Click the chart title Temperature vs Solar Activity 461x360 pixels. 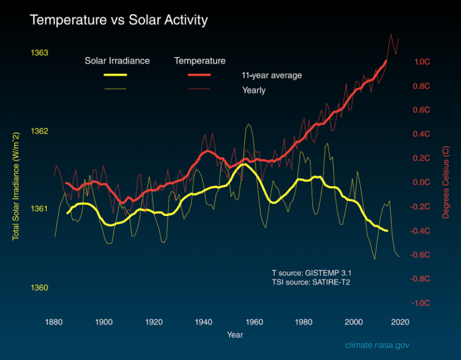click(x=118, y=20)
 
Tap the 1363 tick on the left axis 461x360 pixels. click(x=39, y=53)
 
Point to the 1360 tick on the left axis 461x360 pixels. click(x=39, y=287)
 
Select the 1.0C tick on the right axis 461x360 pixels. click(x=422, y=62)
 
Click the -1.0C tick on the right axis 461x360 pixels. click(x=421, y=303)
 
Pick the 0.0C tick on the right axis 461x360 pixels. click(x=422, y=182)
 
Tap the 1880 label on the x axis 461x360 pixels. click(x=55, y=322)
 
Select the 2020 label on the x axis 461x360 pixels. click(x=400, y=322)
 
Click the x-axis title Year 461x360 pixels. click(x=235, y=334)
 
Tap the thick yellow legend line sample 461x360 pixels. click(x=115, y=75)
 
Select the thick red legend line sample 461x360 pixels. click(x=199, y=75)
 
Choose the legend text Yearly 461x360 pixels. click(x=253, y=91)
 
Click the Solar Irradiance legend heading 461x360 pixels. click(x=117, y=61)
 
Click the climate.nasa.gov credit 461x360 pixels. click(x=377, y=346)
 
